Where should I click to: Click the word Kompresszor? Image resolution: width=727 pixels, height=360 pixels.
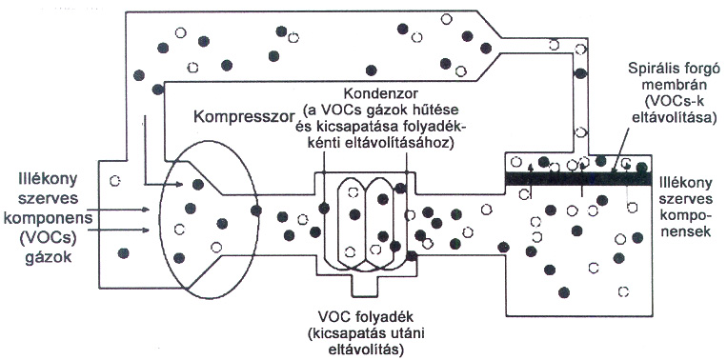coord(245,116)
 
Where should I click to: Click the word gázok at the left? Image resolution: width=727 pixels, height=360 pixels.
coord(48,256)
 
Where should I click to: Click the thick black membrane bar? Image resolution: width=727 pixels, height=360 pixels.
coord(578,178)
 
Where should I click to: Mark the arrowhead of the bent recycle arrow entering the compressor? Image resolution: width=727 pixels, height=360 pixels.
coord(179,185)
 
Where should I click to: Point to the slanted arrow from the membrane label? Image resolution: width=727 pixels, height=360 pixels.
coord(622,149)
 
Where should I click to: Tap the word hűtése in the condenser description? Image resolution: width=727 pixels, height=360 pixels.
coord(438,110)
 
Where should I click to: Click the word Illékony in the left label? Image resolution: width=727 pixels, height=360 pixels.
coord(43,178)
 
